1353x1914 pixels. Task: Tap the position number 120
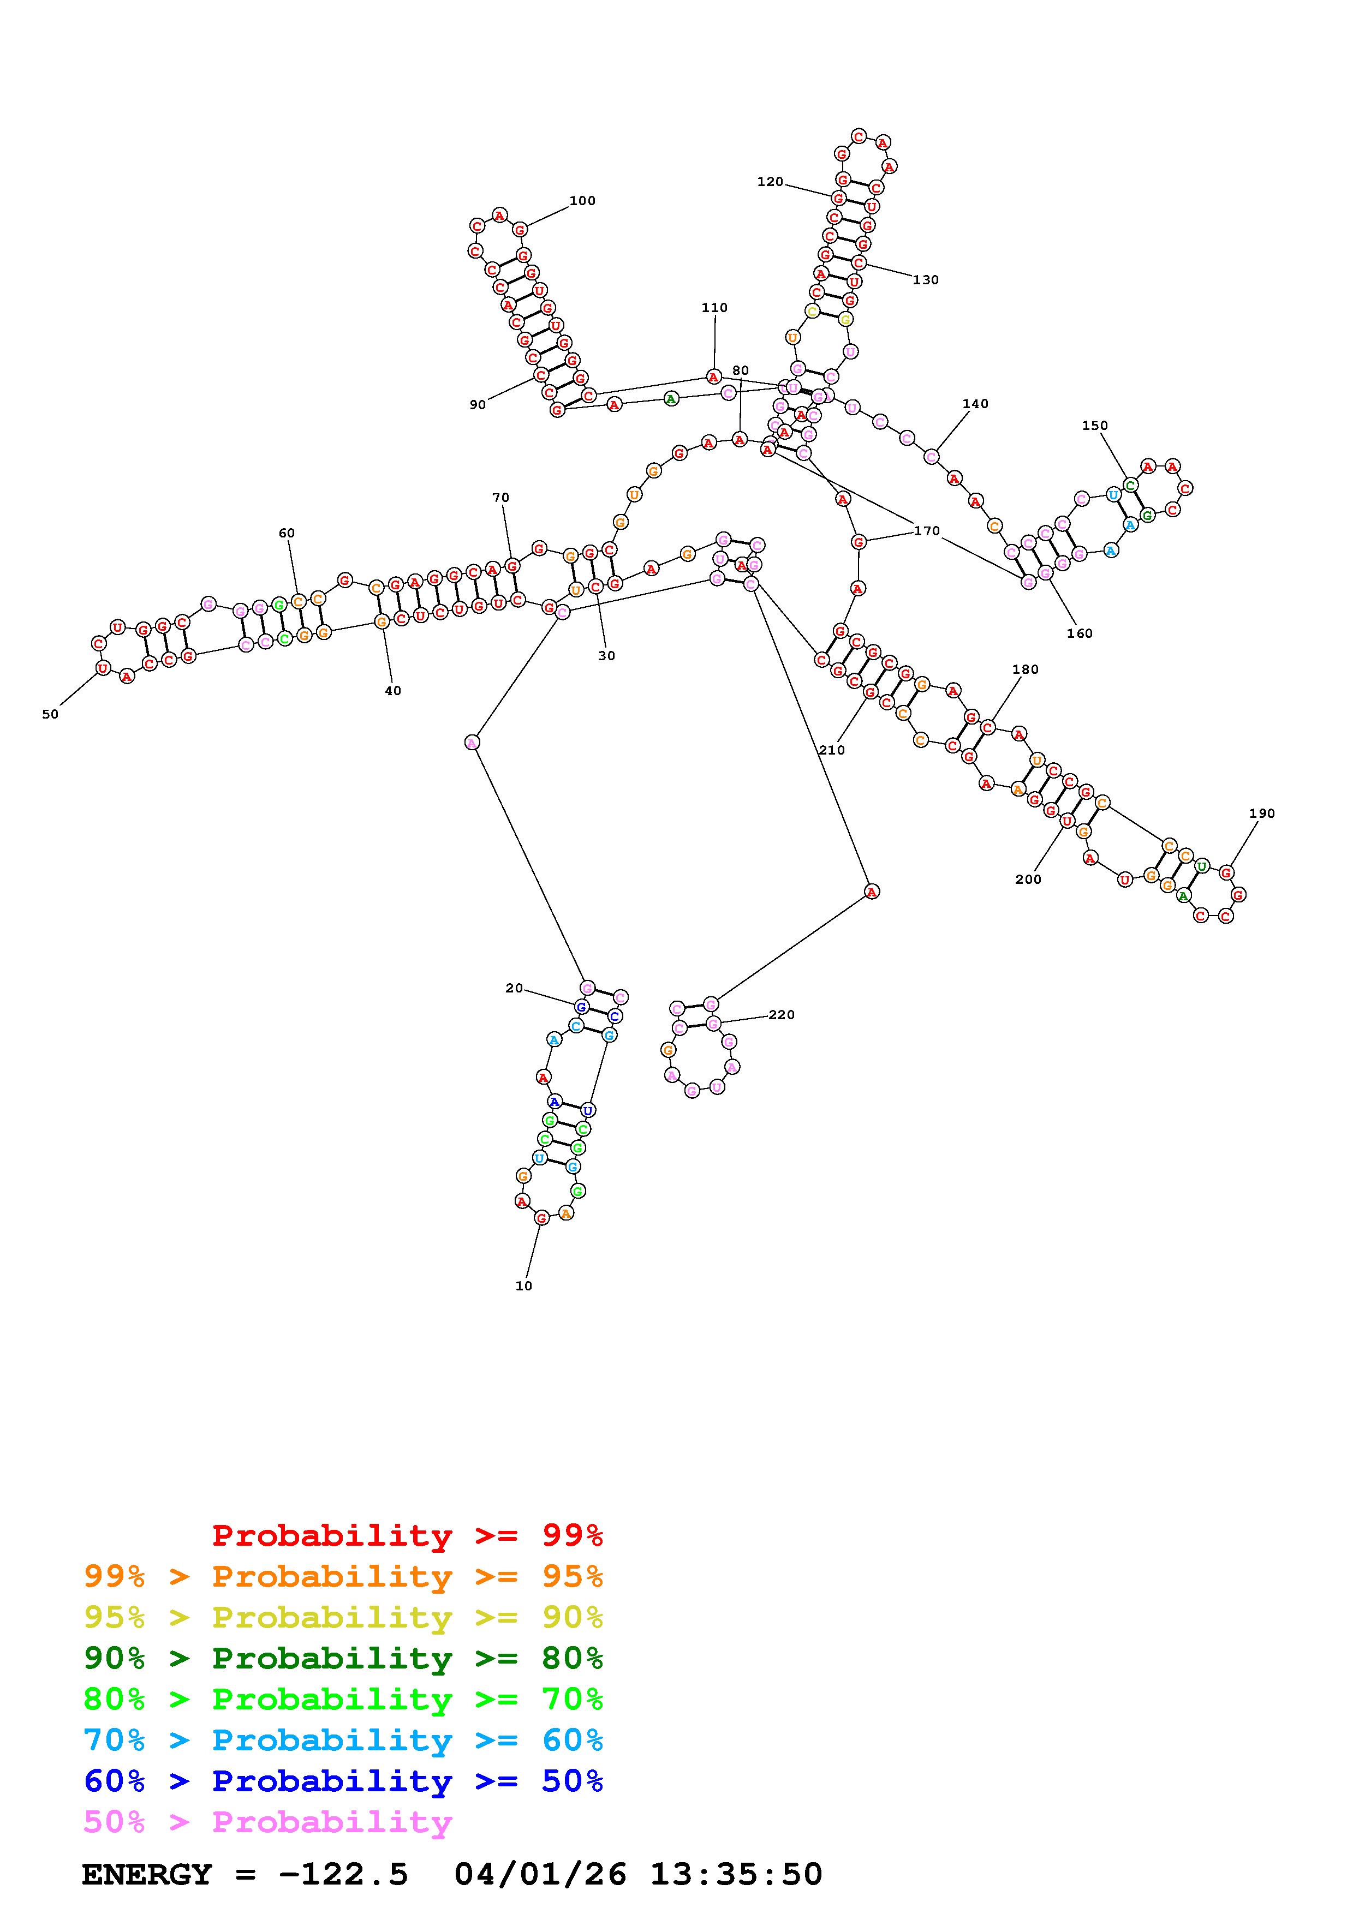click(770, 182)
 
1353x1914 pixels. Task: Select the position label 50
click(50, 714)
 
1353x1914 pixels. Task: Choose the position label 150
click(1095, 426)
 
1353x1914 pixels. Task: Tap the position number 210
click(831, 750)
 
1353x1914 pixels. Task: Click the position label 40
click(392, 691)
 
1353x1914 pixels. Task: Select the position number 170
click(926, 531)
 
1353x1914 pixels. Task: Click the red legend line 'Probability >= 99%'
click(408, 1535)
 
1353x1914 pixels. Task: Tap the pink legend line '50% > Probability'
click(267, 1822)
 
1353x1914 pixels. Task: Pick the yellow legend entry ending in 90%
click(343, 1617)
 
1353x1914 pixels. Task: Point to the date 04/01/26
click(540, 1875)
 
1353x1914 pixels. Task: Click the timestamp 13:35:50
click(736, 1875)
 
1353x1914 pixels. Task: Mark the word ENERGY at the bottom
click(147, 1875)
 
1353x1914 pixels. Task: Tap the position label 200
click(1028, 880)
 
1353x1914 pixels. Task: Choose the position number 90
click(477, 405)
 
